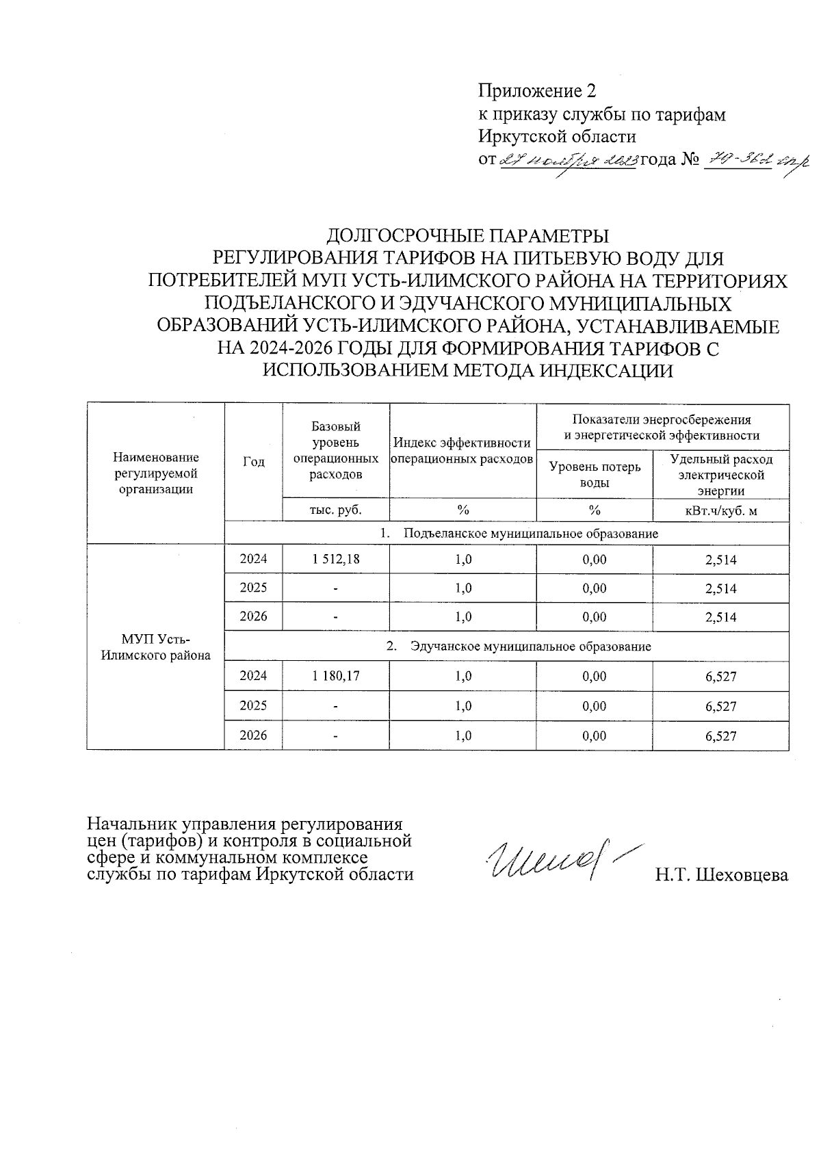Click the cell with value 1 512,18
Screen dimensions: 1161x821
(335, 559)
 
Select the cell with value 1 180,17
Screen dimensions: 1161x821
(335, 676)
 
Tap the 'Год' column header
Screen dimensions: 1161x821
(253, 462)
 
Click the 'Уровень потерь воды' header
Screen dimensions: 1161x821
(595, 474)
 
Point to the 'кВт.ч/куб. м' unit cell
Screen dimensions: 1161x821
(720, 510)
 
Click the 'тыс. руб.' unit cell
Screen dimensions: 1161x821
(335, 510)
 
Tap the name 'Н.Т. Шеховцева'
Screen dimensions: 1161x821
(721, 875)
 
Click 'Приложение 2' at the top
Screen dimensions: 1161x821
(537, 91)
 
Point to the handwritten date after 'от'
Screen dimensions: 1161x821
(569, 160)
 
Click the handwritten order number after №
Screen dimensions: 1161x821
(756, 160)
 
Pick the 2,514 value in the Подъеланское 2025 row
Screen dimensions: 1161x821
(720, 588)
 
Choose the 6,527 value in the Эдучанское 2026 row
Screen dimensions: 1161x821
(720, 736)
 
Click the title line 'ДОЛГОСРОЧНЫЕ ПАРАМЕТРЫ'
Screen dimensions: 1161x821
(467, 236)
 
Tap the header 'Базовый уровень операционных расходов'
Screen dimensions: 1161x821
(335, 450)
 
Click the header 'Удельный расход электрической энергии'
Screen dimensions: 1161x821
(720, 474)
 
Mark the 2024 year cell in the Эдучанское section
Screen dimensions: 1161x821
(253, 676)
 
